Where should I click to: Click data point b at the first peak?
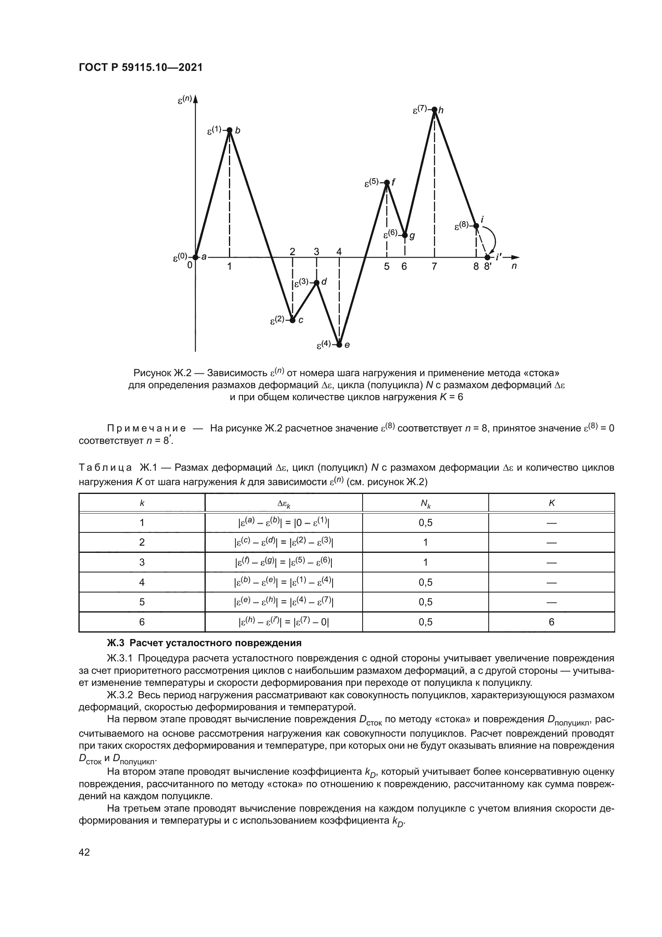229,130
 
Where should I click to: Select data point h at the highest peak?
435,109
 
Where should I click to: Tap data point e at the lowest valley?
339,345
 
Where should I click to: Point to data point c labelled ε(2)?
292,320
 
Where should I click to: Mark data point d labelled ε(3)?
317,282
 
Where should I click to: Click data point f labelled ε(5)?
387,182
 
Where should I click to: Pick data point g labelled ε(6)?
405,235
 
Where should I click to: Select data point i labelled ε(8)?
476,226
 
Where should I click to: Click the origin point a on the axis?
195,257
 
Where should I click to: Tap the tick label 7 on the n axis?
435,266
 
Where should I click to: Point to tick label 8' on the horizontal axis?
488,266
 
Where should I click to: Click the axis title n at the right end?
514,266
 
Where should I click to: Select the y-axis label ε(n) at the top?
185,99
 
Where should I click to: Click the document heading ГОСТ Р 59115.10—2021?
140,68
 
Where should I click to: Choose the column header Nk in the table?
425,504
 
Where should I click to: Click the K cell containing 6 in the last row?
551,622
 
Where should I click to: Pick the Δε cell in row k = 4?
284,582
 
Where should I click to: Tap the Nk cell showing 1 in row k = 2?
425,542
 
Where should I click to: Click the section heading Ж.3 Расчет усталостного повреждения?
204,643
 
